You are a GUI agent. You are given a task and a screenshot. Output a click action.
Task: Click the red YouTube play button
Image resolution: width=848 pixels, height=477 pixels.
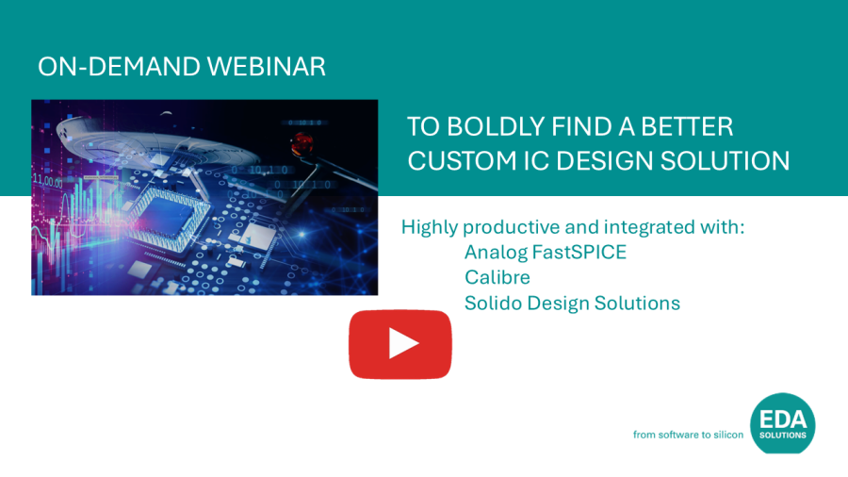pyautogui.click(x=400, y=344)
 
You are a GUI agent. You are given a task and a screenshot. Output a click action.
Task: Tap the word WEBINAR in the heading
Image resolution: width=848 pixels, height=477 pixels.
pyautogui.click(x=267, y=67)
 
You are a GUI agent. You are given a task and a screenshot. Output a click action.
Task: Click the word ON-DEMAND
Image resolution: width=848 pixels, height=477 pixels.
pyautogui.click(x=119, y=67)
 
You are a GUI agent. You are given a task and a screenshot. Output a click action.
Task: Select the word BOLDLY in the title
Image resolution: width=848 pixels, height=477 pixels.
pyautogui.click(x=496, y=127)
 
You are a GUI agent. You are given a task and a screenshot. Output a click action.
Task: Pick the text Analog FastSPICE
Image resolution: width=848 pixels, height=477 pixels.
pyautogui.click(x=546, y=252)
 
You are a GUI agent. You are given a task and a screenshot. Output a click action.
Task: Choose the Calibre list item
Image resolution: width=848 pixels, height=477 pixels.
pyautogui.click(x=497, y=277)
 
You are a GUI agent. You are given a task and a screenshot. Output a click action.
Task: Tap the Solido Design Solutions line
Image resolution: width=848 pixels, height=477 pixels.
pyautogui.click(x=572, y=304)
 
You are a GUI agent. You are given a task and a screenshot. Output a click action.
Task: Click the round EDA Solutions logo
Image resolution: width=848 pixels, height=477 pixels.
pyautogui.click(x=783, y=423)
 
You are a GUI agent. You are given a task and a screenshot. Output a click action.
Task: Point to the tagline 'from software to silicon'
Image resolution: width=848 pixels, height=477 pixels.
pyautogui.click(x=688, y=435)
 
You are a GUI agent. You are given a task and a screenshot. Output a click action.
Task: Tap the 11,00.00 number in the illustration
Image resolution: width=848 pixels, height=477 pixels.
pyautogui.click(x=48, y=181)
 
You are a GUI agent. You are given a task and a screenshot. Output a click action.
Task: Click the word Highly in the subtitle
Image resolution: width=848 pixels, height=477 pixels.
pyautogui.click(x=430, y=228)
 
